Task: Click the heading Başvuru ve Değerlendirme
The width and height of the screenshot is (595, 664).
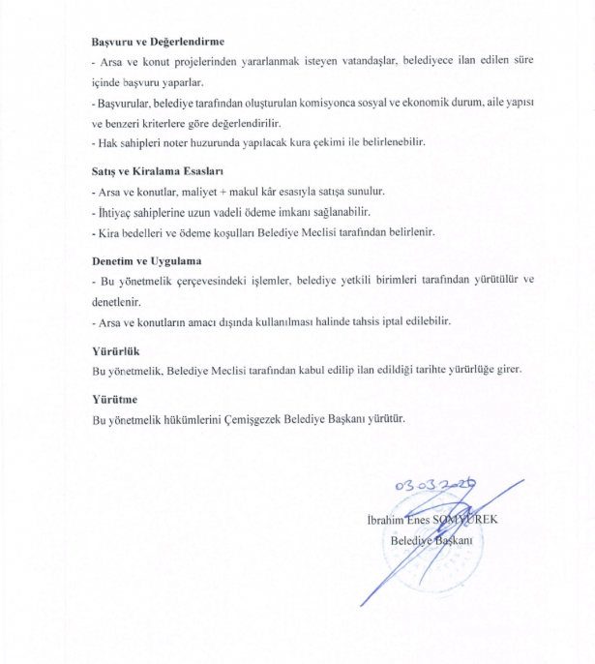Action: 158,42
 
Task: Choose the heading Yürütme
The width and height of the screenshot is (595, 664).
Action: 114,399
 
